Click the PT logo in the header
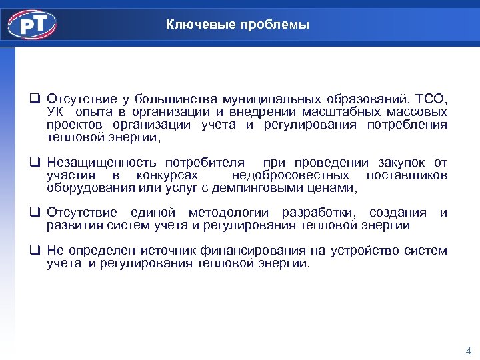(32, 25)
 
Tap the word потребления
(407, 125)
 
